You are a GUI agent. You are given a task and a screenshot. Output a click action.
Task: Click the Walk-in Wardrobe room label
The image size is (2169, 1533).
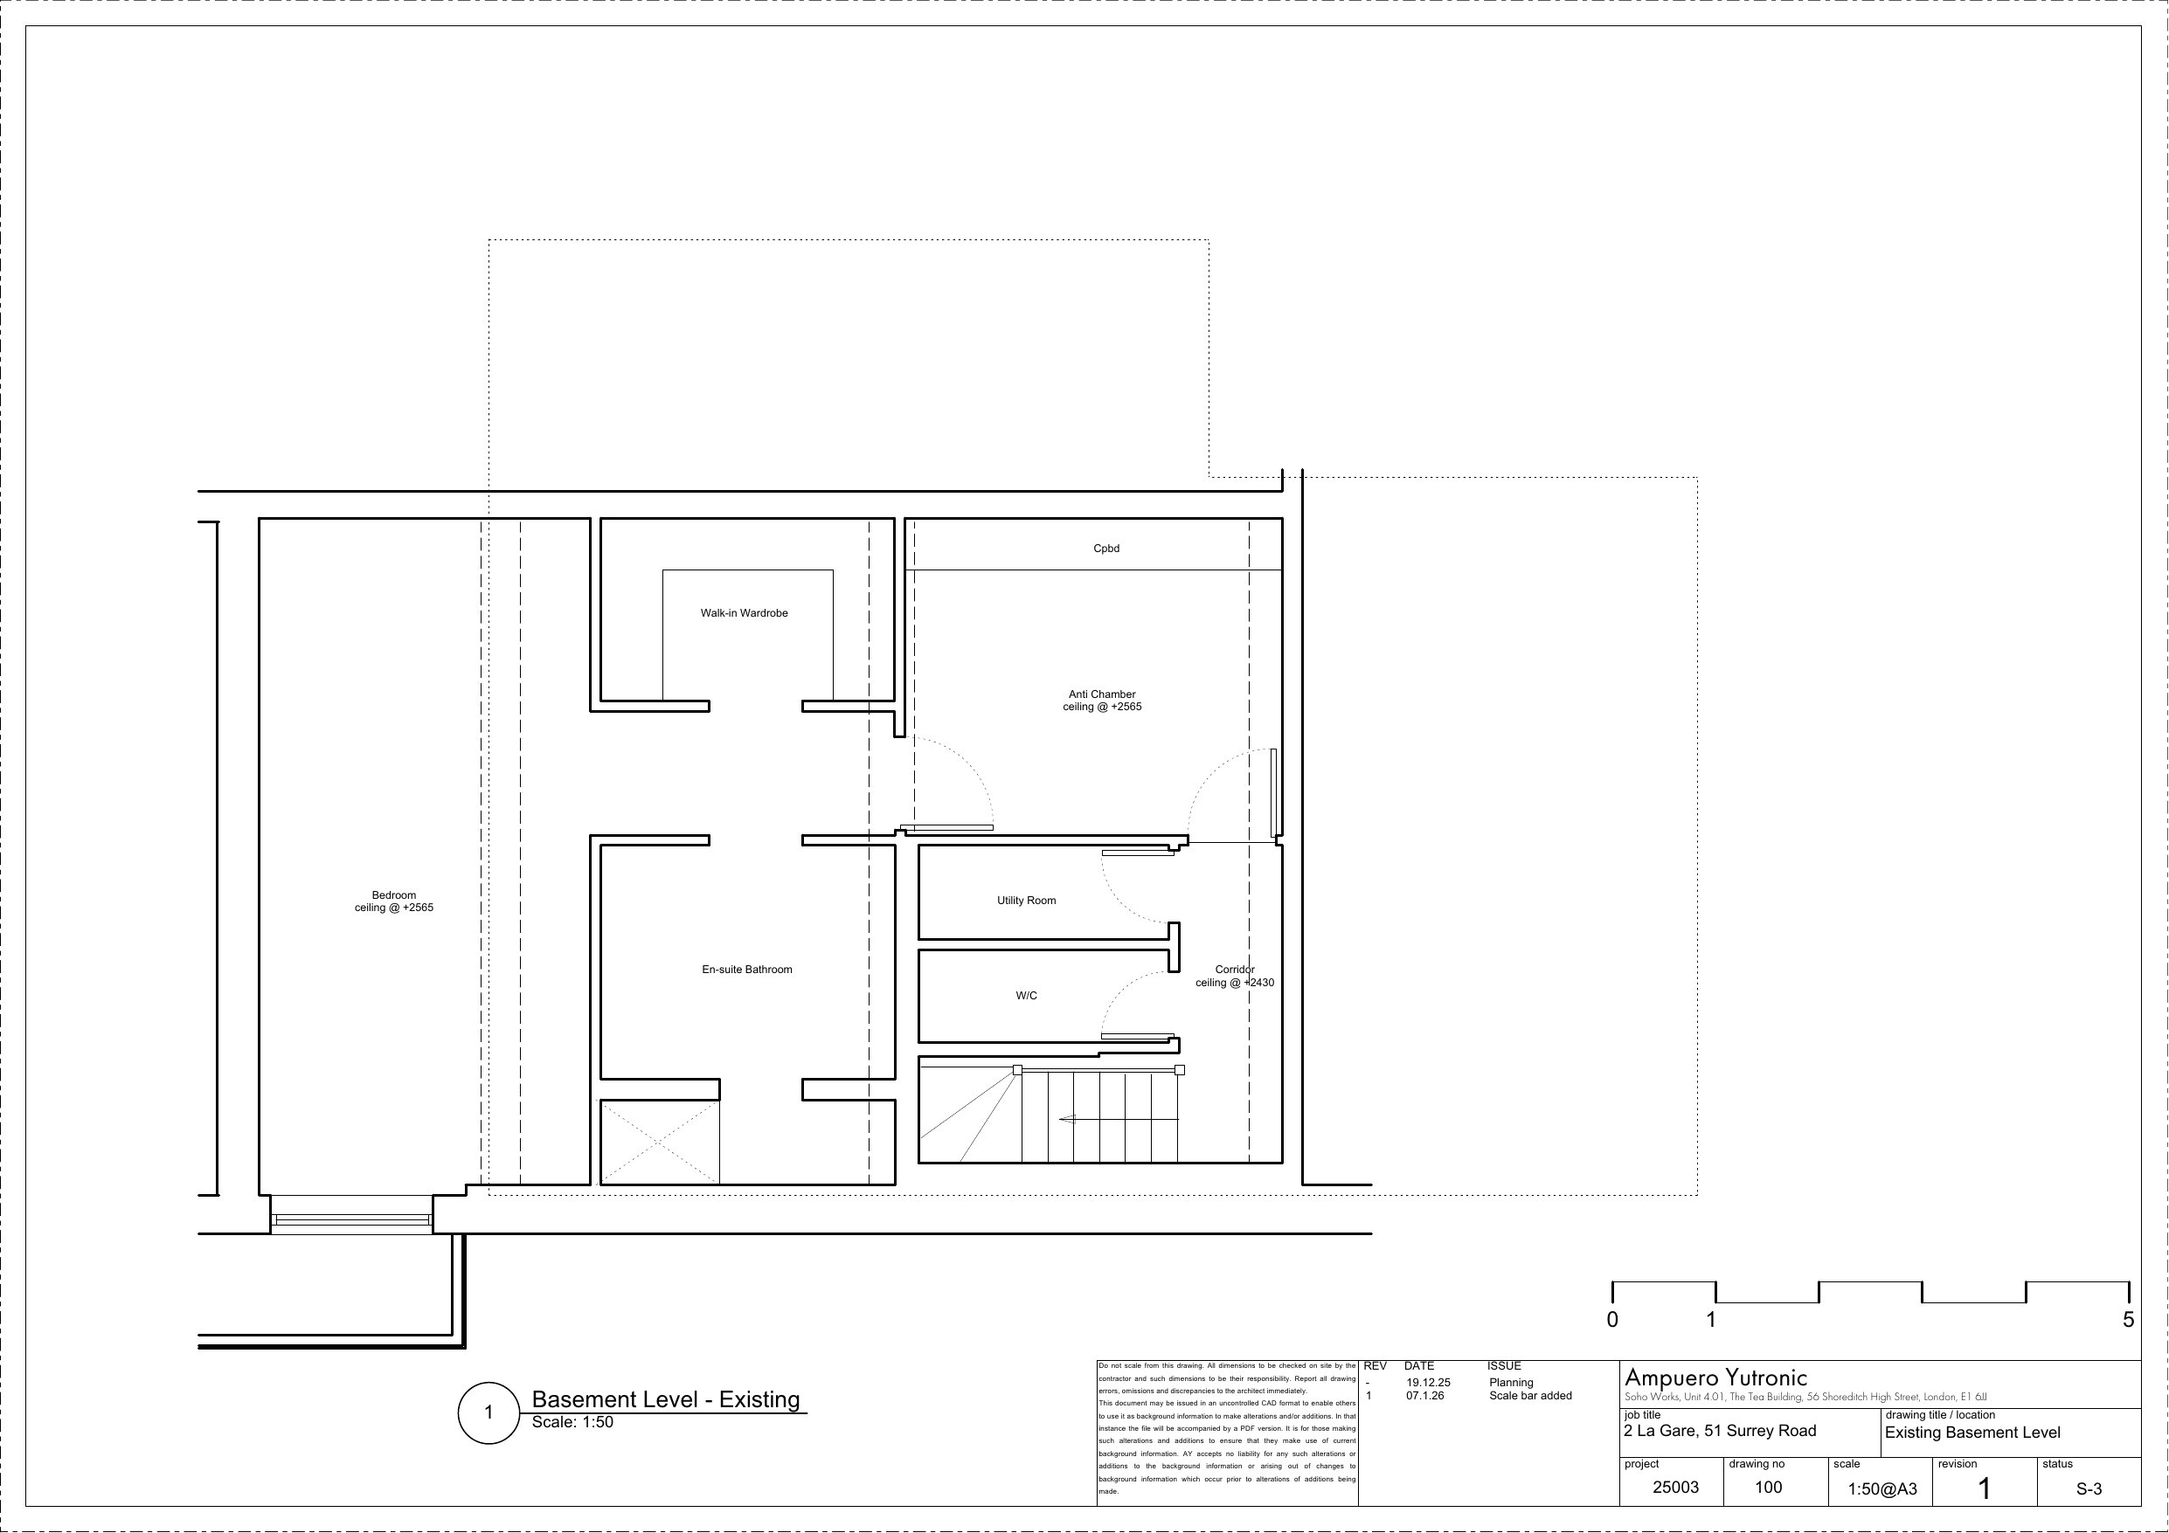(744, 613)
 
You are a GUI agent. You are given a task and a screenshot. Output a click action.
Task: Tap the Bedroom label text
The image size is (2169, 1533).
(394, 895)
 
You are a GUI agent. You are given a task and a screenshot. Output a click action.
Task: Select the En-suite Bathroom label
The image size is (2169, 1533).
(746, 969)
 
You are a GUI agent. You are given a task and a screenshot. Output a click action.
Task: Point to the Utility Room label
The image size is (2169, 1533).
(1026, 901)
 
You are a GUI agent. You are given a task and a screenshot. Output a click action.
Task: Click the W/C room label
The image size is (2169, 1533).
(1026, 996)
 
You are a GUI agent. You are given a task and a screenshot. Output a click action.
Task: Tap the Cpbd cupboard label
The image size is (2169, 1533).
(1106, 549)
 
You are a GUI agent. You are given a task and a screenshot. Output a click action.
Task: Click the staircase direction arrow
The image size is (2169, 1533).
(1119, 1119)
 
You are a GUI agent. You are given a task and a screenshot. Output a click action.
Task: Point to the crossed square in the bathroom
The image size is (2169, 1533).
(661, 1142)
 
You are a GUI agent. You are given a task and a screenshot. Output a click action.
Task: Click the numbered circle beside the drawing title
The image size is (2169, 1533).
(489, 1413)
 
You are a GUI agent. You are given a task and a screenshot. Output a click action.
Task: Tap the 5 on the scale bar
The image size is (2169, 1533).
(2129, 1320)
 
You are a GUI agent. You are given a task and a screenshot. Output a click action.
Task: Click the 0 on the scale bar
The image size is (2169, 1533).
(1612, 1320)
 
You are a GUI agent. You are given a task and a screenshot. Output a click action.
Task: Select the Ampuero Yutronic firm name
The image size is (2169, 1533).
(1715, 1378)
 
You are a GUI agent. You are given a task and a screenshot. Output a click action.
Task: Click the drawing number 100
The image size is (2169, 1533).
(1769, 1488)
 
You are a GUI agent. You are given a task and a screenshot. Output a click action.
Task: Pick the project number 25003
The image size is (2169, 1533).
(1676, 1488)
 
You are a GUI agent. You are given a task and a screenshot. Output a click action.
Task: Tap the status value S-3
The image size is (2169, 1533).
(2089, 1489)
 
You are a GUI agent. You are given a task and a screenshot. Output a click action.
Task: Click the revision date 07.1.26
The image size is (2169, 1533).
(1424, 1396)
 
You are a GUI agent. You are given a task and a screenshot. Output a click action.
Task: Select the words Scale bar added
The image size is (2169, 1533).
(1530, 1396)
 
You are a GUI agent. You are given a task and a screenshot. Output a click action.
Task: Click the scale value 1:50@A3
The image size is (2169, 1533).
(1882, 1489)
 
